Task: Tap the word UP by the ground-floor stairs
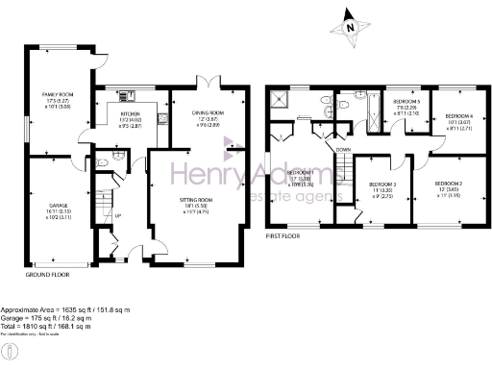pyautogui.click(x=117, y=215)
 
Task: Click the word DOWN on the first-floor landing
pyautogui.click(x=341, y=150)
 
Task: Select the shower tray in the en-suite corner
pyautogui.click(x=282, y=98)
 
